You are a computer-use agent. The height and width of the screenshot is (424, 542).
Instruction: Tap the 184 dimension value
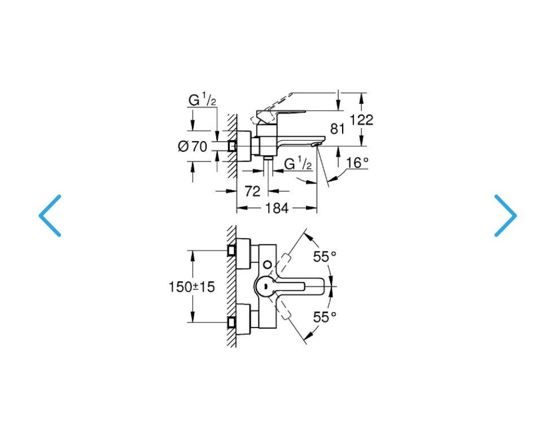tap(277, 208)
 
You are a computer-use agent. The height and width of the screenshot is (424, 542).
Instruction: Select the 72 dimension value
tap(252, 191)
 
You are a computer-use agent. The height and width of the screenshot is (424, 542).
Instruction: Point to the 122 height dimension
tap(361, 120)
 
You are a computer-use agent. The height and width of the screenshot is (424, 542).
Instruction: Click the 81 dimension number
tap(338, 129)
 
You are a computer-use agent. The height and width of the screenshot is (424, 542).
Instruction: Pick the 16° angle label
tap(357, 162)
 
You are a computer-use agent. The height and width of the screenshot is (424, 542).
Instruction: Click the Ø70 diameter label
tap(193, 147)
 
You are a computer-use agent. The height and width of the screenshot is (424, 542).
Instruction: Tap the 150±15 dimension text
tap(191, 286)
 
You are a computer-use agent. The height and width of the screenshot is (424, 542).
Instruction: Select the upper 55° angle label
tap(325, 256)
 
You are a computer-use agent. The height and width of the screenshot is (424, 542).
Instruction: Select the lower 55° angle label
tap(325, 317)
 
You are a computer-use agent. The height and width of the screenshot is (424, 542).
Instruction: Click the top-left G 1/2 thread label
tap(202, 100)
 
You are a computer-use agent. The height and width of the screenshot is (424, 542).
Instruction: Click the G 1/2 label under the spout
tap(298, 164)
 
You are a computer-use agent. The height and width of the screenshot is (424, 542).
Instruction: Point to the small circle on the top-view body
tap(268, 265)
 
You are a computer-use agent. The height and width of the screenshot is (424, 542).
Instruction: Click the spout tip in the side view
tap(318, 143)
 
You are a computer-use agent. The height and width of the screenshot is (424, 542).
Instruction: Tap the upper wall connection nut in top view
tap(231, 251)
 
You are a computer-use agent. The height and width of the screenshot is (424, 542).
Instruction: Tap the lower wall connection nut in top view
tap(231, 322)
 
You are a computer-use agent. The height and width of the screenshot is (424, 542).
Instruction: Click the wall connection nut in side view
tap(232, 146)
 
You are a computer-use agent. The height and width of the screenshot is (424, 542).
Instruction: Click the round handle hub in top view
tap(265, 286)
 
